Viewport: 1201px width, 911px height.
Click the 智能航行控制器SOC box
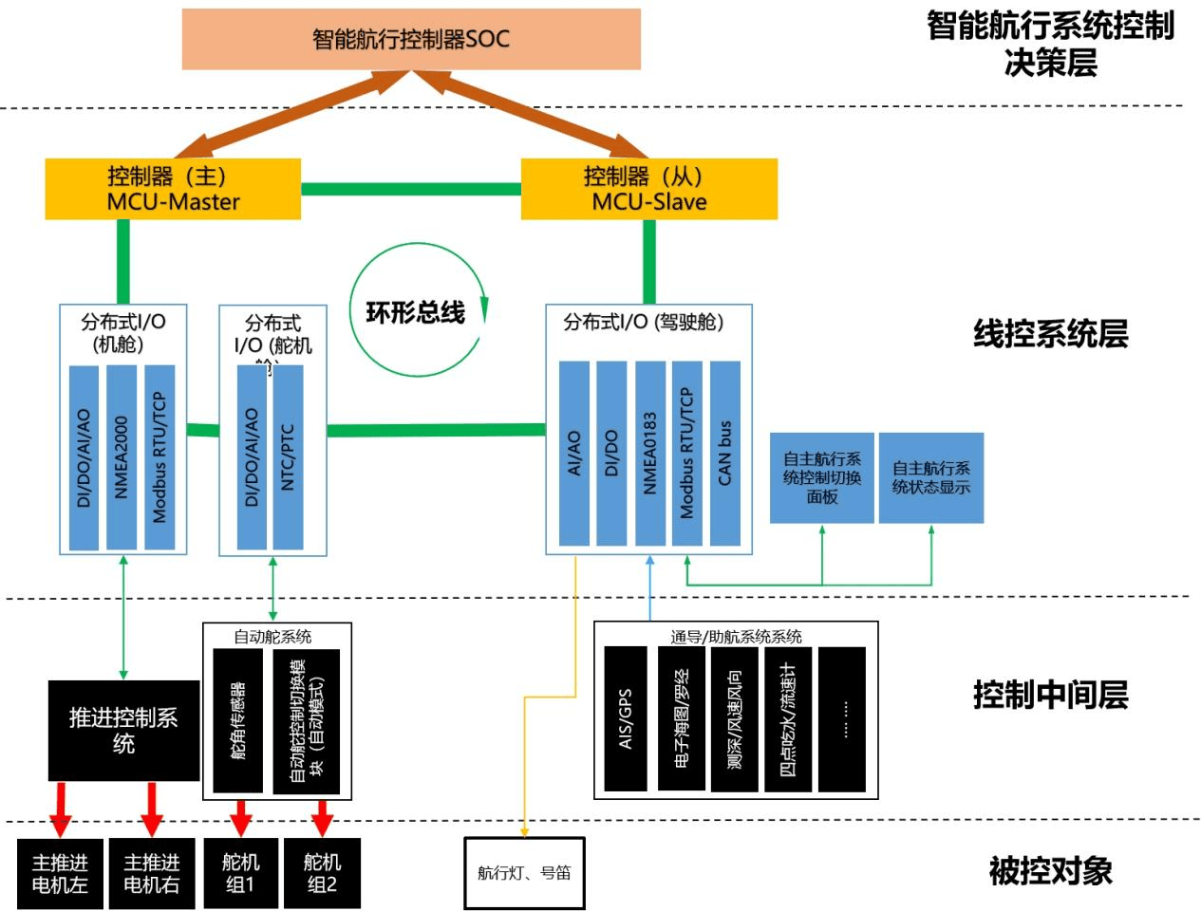click(411, 39)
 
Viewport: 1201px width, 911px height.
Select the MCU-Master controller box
click(173, 189)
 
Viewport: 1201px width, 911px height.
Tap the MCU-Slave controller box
click(649, 189)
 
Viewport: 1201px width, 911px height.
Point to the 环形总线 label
click(416, 312)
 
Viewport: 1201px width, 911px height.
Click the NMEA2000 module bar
click(122, 456)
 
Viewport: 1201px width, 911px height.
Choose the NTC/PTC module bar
click(288, 456)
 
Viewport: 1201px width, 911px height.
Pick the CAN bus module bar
click(725, 453)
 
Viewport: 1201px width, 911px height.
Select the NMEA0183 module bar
click(650, 453)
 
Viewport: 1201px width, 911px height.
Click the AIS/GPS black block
click(626, 718)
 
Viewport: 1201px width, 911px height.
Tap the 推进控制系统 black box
click(123, 730)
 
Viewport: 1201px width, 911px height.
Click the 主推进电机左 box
click(60, 873)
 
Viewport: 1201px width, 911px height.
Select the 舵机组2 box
click(322, 873)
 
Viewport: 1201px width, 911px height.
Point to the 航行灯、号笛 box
click(524, 873)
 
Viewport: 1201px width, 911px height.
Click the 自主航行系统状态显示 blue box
click(931, 477)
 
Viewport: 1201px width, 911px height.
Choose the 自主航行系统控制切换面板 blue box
click(822, 477)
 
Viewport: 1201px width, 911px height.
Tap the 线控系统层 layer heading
click(1051, 334)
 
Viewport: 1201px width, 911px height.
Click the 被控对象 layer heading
click(1051, 870)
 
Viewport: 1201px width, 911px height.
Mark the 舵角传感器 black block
click(238, 720)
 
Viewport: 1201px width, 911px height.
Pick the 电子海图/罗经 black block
click(682, 718)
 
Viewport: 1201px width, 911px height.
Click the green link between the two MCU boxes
click(411, 189)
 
